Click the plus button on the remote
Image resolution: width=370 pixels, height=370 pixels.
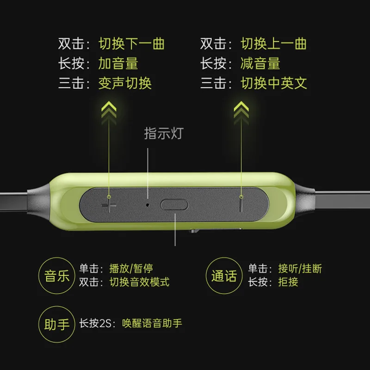point(109,204)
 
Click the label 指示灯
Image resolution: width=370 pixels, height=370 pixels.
point(164,134)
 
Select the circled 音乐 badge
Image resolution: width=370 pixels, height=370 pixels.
point(57,276)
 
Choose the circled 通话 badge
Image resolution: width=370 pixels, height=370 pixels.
point(224,276)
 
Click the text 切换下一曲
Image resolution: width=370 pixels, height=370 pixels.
point(132,44)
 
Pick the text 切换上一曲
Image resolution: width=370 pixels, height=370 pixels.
point(274,44)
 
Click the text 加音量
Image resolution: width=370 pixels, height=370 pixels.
point(118,63)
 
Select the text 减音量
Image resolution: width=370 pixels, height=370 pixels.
point(260,63)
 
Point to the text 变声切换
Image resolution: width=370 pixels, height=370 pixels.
point(125,83)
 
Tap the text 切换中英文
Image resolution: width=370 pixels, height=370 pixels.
point(274,83)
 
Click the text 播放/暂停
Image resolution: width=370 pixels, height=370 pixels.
point(131,269)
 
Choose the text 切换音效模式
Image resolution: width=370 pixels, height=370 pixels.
point(139,282)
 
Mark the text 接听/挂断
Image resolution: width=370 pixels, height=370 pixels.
point(300,269)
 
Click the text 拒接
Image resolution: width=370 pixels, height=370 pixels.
point(288,282)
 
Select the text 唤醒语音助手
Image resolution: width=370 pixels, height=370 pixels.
point(152,323)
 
